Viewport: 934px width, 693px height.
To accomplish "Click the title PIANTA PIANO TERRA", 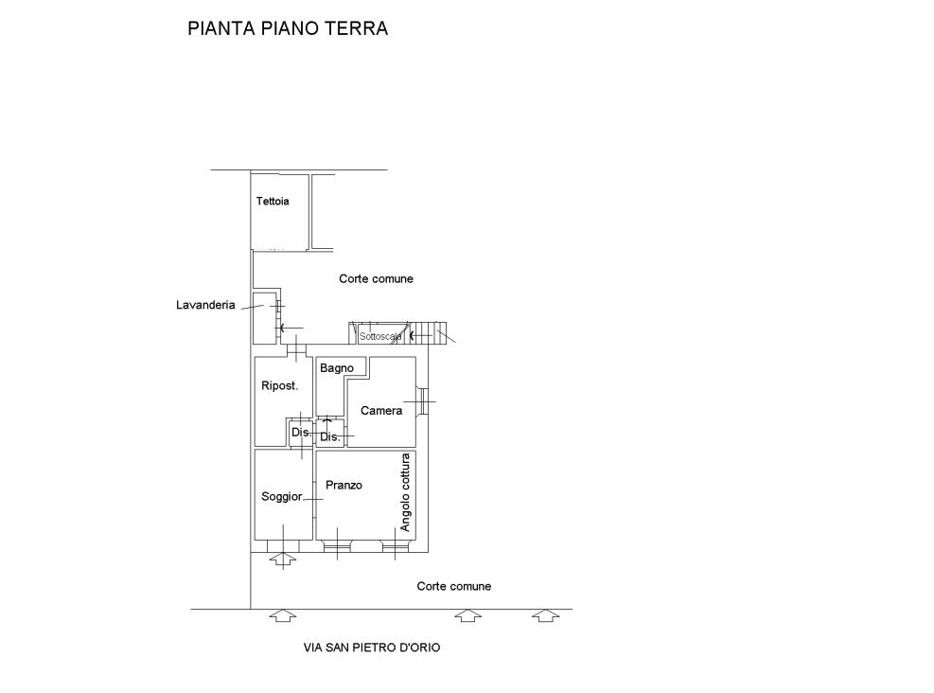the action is click(288, 28).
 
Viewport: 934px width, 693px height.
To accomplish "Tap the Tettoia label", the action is click(273, 202).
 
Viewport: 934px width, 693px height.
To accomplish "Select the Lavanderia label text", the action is click(205, 305).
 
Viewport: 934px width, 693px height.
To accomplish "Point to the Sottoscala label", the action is click(380, 337).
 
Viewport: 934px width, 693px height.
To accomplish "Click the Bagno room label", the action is click(337, 368).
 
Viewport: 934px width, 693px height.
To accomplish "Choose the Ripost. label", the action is click(279, 385).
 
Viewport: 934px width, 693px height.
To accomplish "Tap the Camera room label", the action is click(381, 411).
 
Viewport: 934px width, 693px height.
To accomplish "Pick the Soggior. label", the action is click(282, 497).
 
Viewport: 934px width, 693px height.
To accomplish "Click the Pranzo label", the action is click(344, 486).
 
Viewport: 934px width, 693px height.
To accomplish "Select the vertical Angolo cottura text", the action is click(405, 493).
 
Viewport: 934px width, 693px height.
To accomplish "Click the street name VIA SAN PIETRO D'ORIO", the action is click(372, 648).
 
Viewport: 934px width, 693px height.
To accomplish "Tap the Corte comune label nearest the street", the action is click(454, 586).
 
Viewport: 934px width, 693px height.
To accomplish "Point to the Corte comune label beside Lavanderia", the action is click(376, 279).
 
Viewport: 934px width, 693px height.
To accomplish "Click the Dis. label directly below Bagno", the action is click(330, 436).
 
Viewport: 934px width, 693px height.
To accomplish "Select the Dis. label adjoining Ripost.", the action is click(301, 432).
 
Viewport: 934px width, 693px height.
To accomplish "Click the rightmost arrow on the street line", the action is click(546, 616).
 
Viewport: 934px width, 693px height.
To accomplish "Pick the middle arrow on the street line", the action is click(468, 616).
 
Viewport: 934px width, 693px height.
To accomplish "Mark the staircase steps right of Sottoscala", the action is click(430, 333).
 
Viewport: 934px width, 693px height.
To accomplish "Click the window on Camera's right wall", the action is click(421, 401).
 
